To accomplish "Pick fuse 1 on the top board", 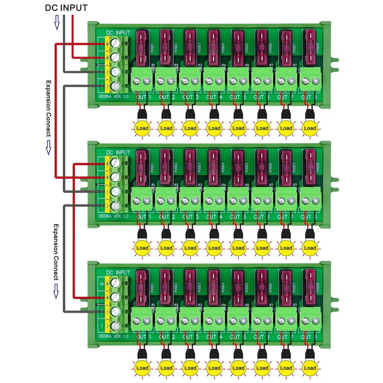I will coord(142,48).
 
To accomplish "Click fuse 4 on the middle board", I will coord(214,168).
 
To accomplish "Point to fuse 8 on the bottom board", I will coord(310,287).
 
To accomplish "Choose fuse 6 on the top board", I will coord(262,48).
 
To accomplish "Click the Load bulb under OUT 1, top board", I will coord(142,128).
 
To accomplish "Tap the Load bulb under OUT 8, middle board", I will coord(310,248).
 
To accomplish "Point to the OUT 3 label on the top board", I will coord(190,98).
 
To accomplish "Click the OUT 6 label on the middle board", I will coord(262,217).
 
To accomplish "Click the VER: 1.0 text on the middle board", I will coord(122,216).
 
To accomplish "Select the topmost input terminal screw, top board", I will coord(115,43).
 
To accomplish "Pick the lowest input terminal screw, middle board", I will coord(115,206).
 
